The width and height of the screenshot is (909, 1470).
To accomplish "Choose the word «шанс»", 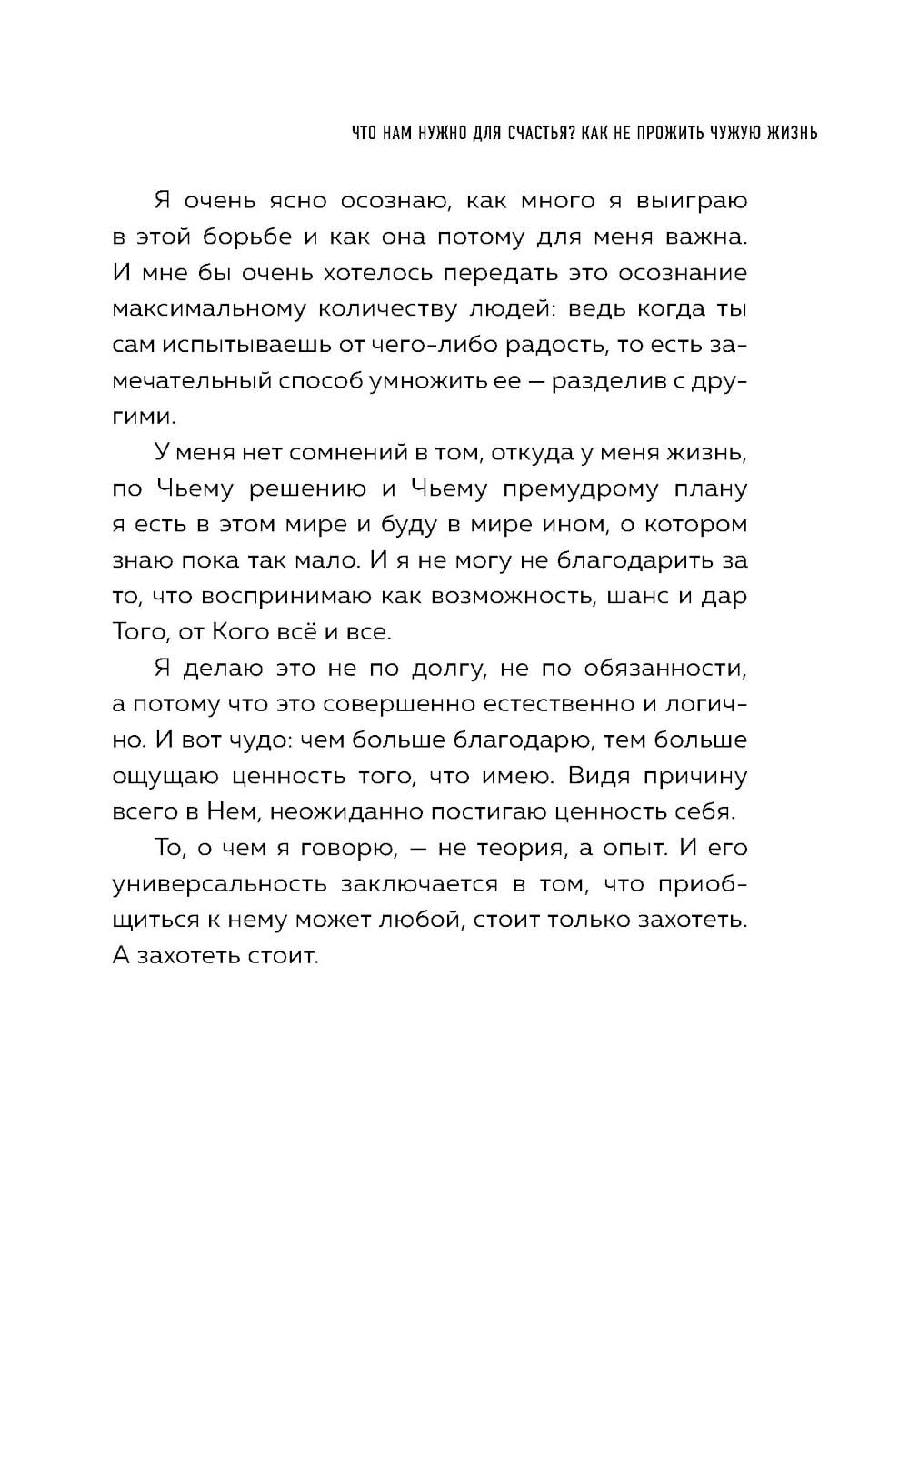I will [630, 597].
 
